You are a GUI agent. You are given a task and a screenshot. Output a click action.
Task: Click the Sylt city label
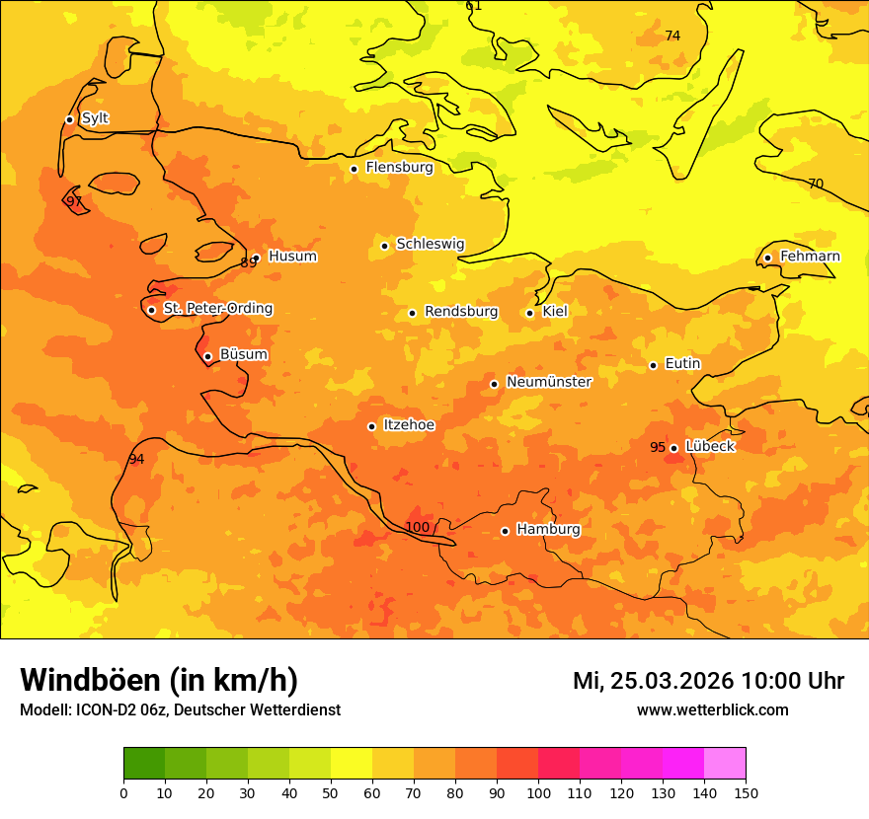(x=95, y=118)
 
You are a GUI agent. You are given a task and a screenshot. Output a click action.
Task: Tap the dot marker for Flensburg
(x=354, y=169)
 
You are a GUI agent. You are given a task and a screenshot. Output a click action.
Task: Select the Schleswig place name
(x=430, y=244)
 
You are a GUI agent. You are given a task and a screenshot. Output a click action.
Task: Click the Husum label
(x=292, y=257)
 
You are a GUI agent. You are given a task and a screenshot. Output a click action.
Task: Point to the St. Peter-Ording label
(x=217, y=308)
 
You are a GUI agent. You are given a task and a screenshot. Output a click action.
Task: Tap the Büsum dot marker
(x=207, y=356)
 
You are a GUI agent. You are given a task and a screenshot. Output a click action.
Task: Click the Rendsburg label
(x=461, y=312)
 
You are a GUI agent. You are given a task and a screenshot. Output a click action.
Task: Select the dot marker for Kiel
(x=529, y=313)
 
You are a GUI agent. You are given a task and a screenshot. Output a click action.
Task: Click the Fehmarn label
(x=810, y=257)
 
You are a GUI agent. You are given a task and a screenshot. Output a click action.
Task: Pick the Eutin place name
(x=682, y=363)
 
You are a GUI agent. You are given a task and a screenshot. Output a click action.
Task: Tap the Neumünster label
(x=549, y=382)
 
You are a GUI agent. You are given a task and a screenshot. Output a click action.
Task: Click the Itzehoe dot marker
(x=371, y=426)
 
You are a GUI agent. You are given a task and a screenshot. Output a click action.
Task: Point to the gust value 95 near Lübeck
(x=658, y=447)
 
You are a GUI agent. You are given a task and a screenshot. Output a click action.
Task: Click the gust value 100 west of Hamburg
(x=418, y=527)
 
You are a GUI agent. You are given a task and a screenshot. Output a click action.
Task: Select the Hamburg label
(x=548, y=529)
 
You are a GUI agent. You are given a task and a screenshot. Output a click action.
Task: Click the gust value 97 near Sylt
(x=74, y=201)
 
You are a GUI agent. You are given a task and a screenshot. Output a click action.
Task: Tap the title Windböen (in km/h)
(x=159, y=680)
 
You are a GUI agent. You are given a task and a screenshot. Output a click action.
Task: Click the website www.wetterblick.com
(x=712, y=709)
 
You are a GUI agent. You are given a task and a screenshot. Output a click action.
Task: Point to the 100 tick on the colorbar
(x=538, y=791)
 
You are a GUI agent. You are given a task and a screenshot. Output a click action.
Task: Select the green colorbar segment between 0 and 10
(x=144, y=763)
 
